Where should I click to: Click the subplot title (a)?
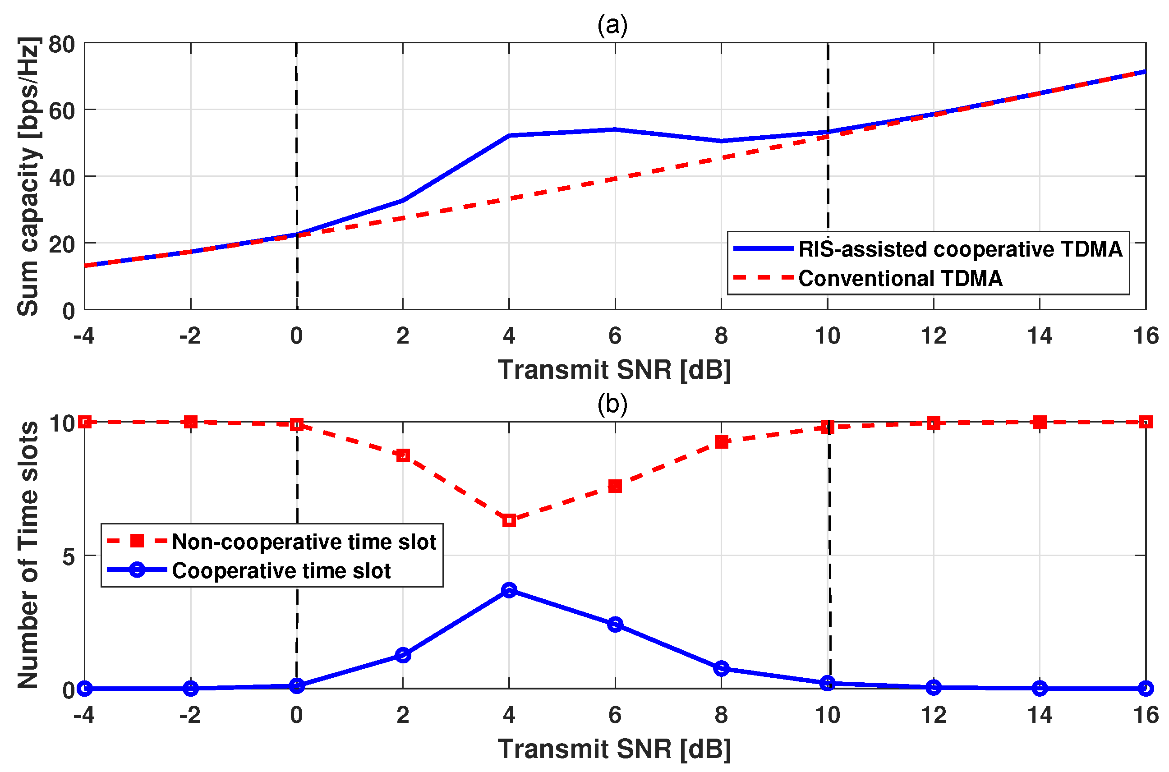612,25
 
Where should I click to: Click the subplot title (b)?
612,404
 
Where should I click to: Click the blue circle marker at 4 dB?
509,590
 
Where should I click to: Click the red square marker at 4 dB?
509,520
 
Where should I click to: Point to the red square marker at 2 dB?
403,455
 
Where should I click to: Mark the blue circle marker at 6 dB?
615,624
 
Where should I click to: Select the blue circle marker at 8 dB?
722,669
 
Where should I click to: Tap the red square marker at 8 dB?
722,442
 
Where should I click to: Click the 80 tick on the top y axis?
61,45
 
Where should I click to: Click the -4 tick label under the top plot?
84,336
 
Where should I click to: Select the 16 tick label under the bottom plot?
1146,715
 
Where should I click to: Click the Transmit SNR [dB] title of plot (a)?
614,370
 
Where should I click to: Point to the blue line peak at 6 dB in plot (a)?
615,129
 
